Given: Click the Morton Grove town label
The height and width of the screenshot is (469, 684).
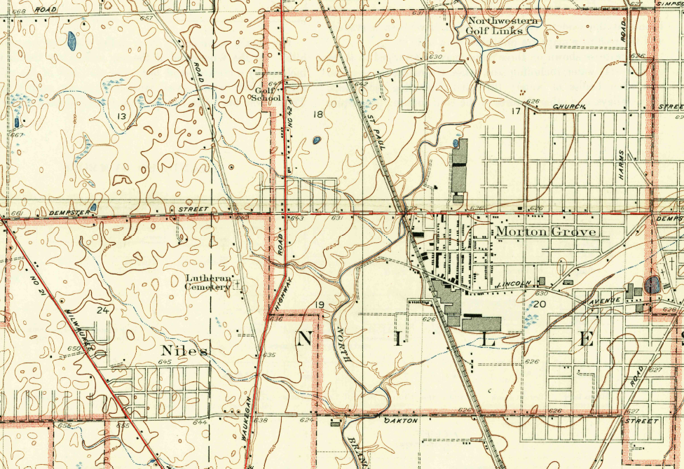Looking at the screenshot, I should (546, 232).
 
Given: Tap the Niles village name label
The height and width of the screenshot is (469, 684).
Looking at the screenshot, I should (184, 350).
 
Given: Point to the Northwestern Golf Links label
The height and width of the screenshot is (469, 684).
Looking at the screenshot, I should (504, 27).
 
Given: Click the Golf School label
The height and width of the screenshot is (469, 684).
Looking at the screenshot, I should (266, 94).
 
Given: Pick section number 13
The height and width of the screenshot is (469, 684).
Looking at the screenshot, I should (122, 116).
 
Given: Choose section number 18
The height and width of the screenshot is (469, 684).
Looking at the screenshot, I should (318, 114).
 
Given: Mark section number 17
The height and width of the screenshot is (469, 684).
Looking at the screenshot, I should (517, 111).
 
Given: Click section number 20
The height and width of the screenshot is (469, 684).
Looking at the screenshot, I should (539, 304).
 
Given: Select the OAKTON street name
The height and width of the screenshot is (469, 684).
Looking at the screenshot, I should (401, 421).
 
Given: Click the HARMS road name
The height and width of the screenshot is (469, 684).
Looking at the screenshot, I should (621, 166).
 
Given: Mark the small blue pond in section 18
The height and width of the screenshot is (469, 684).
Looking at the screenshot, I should (317, 140).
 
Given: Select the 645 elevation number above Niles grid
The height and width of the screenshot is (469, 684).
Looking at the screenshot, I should (165, 362).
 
